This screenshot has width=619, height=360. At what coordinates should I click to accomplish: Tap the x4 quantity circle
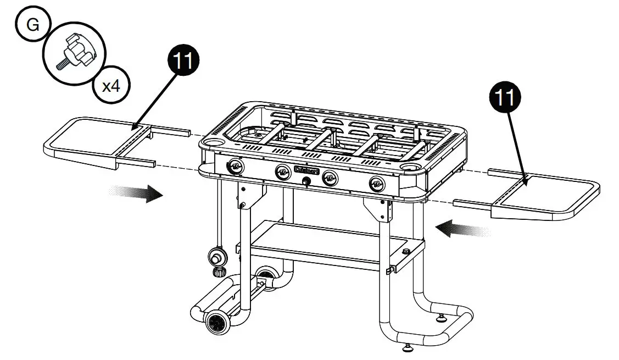pyautogui.click(x=111, y=86)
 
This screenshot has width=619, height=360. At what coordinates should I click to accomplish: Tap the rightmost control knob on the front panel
pyautogui.click(x=377, y=184)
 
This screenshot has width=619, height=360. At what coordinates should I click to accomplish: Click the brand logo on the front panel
pyautogui.click(x=306, y=171)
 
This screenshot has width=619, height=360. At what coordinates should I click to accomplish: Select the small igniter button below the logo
pyautogui.click(x=306, y=180)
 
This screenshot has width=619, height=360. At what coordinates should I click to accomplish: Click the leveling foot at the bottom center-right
pyautogui.click(x=407, y=347)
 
